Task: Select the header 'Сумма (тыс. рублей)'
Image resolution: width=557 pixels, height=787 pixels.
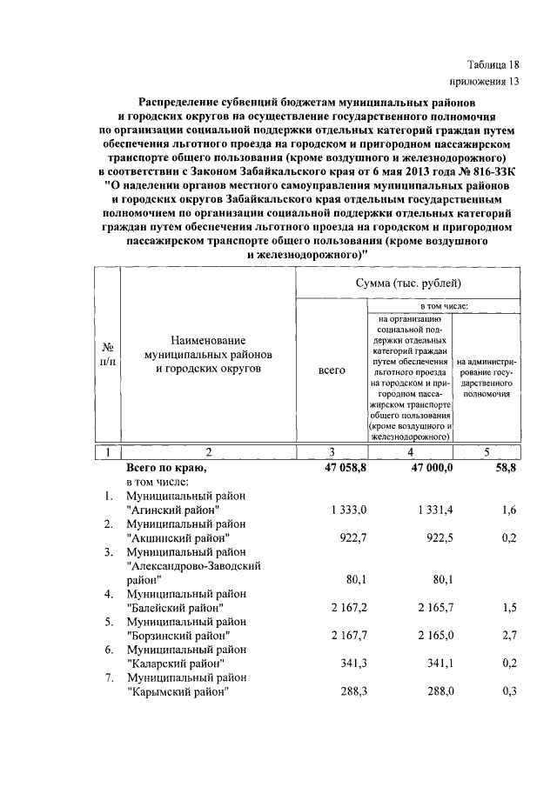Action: (x=408, y=283)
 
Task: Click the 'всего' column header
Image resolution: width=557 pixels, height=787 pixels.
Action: (x=332, y=370)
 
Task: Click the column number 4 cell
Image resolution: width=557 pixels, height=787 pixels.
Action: (x=409, y=452)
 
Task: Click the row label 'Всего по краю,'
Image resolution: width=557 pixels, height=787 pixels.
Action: (x=166, y=468)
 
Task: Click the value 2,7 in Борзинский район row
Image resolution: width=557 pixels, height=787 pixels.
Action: (x=509, y=635)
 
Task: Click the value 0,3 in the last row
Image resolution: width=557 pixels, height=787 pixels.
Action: (x=509, y=692)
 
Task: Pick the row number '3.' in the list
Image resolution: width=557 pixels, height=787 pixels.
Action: (x=109, y=552)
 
